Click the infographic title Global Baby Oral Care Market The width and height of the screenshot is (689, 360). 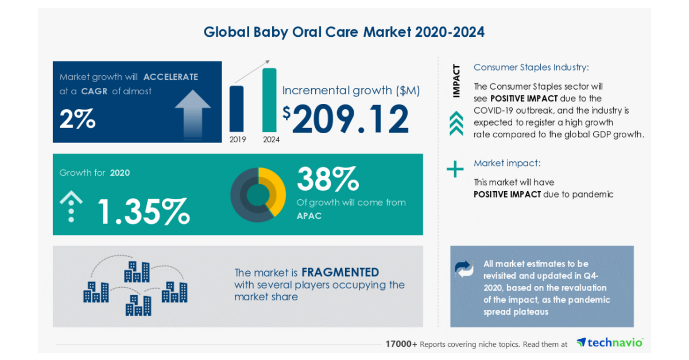tap(344, 32)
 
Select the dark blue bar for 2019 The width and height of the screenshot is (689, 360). tap(236, 109)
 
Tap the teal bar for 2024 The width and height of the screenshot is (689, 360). tap(269, 100)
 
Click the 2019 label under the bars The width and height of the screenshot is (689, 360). tap(237, 138)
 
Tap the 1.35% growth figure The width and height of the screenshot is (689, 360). tap(143, 211)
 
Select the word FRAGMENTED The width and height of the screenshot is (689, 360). tap(340, 272)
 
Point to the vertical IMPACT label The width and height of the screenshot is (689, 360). tap(456, 81)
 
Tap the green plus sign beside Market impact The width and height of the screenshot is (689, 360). tap(455, 169)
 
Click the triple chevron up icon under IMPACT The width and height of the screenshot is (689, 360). tap(456, 123)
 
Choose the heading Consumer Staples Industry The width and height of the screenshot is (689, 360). tap(531, 67)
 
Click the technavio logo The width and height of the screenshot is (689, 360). tap(610, 343)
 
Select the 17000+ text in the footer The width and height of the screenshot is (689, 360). tap(401, 344)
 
